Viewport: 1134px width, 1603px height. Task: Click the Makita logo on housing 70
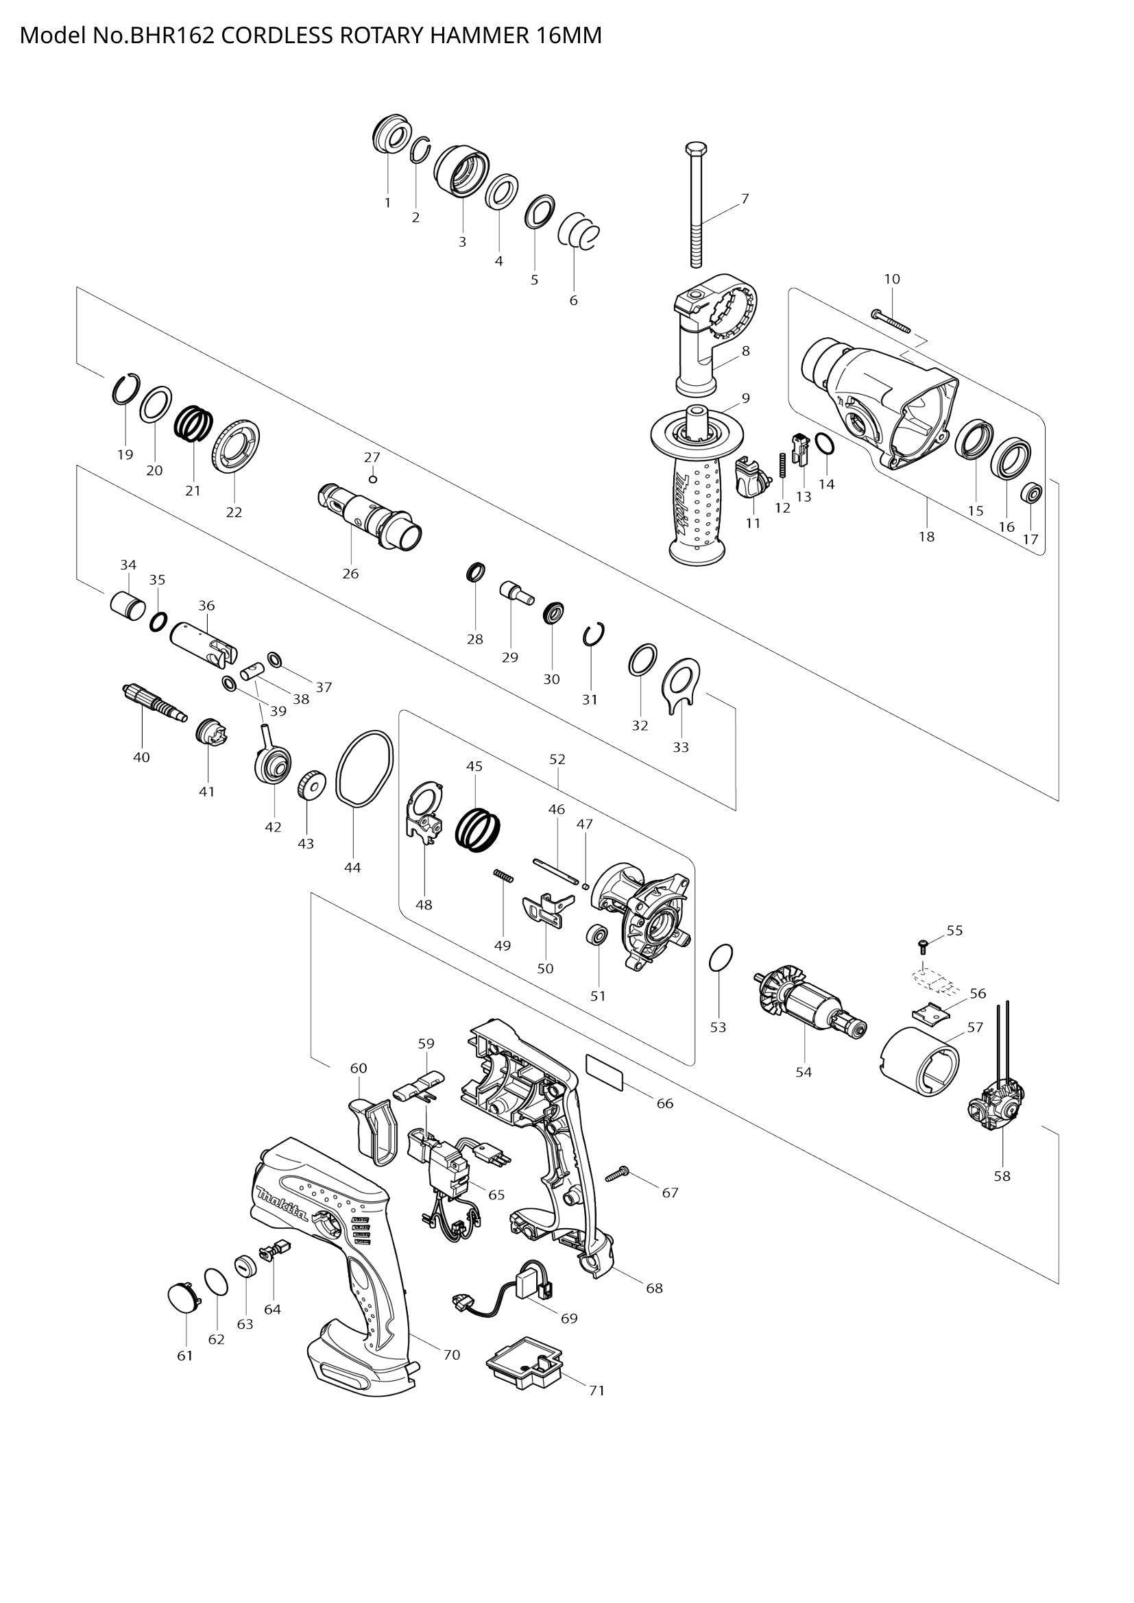(x=282, y=1204)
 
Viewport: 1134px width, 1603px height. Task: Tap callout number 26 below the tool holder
(x=350, y=573)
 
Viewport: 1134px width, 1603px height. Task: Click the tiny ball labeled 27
(x=373, y=479)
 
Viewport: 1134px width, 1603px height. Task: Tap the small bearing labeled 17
(x=1030, y=493)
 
